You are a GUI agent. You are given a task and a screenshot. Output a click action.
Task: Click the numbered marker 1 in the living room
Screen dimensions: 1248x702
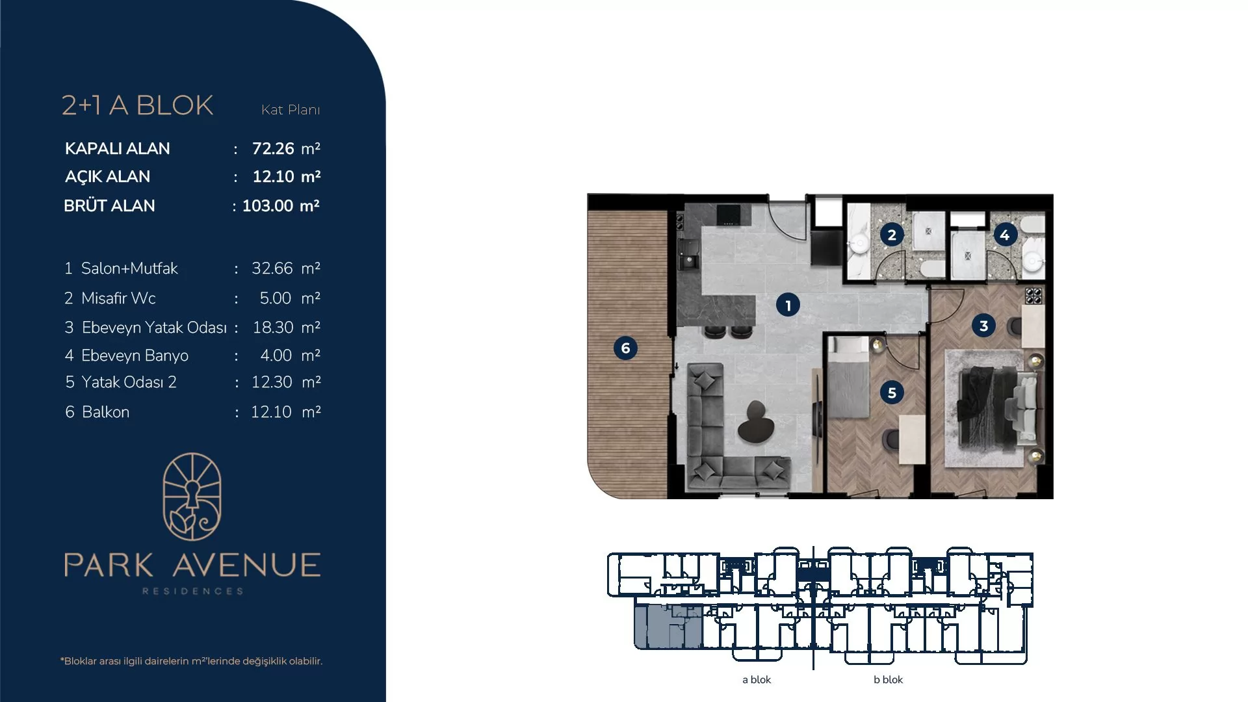[788, 305]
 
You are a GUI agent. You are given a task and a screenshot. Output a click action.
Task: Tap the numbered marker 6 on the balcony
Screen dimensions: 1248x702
[625, 348]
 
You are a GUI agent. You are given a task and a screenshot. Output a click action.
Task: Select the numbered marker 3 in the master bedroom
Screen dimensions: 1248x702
[983, 326]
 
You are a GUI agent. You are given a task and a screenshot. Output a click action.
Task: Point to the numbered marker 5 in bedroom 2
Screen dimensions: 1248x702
[892, 393]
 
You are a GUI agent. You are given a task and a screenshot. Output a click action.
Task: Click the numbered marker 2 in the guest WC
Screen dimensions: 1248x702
[892, 235]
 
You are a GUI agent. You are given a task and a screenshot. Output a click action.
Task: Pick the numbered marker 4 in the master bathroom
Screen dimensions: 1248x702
[1005, 235]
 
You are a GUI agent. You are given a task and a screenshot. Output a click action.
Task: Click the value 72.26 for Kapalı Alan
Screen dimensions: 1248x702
[273, 149]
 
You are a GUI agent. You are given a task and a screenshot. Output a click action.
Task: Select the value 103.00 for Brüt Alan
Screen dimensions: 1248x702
[268, 206]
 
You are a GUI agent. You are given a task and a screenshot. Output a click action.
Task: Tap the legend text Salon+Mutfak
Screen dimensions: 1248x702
[129, 268]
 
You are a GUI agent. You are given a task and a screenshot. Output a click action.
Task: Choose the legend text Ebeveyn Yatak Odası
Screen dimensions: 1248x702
[154, 328]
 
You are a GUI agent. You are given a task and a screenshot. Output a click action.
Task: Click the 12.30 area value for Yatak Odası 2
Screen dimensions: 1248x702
[272, 382]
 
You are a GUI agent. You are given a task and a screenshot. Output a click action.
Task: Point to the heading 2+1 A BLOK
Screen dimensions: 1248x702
[138, 105]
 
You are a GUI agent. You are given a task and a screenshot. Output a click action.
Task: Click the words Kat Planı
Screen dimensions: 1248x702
[291, 110]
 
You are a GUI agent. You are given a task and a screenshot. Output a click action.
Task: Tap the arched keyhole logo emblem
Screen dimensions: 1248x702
[192, 497]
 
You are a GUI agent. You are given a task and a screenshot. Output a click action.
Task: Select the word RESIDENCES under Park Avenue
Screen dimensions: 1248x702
[192, 591]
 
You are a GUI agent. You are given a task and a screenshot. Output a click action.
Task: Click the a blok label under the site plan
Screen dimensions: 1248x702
[757, 680]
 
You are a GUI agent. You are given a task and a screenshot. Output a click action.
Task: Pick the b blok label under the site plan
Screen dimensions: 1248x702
[889, 680]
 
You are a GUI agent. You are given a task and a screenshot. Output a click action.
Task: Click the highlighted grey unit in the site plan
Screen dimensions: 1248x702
[668, 627]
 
